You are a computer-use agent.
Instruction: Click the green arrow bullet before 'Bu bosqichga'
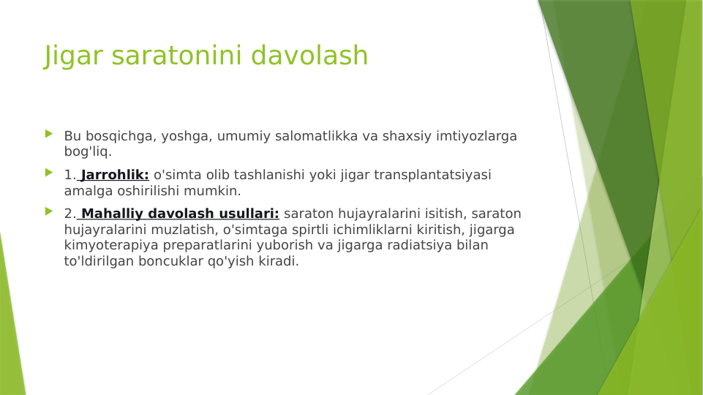pyautogui.click(x=49, y=134)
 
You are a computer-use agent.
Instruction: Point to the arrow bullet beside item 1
pyautogui.click(x=49, y=173)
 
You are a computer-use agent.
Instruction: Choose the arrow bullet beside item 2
pyautogui.click(x=49, y=211)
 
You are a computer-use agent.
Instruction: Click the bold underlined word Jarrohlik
pyautogui.click(x=115, y=175)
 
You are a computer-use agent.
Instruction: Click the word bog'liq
pyautogui.click(x=88, y=152)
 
